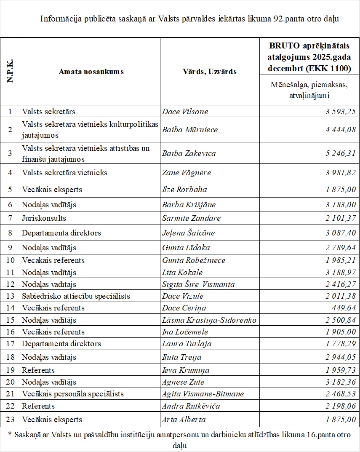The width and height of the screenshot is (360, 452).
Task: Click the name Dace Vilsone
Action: [185, 112]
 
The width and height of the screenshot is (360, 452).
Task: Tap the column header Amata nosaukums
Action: [91, 71]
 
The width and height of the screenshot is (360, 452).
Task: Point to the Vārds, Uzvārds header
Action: [210, 71]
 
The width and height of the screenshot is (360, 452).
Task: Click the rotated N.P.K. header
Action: [10, 71]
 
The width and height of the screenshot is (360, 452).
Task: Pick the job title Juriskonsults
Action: [44, 218]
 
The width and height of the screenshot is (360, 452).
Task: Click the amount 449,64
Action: [344, 308]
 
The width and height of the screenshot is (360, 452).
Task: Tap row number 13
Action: [10, 296]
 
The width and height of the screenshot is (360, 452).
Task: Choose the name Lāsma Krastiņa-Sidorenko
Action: [209, 320]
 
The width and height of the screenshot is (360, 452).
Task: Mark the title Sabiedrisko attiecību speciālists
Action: [76, 296]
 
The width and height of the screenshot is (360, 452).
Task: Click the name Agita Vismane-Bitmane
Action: [203, 394]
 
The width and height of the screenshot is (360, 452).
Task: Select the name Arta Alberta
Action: [184, 419]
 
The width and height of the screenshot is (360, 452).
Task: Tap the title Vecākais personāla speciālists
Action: [73, 394]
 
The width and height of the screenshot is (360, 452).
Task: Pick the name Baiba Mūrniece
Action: [190, 129]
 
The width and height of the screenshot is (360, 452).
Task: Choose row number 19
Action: [10, 370]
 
